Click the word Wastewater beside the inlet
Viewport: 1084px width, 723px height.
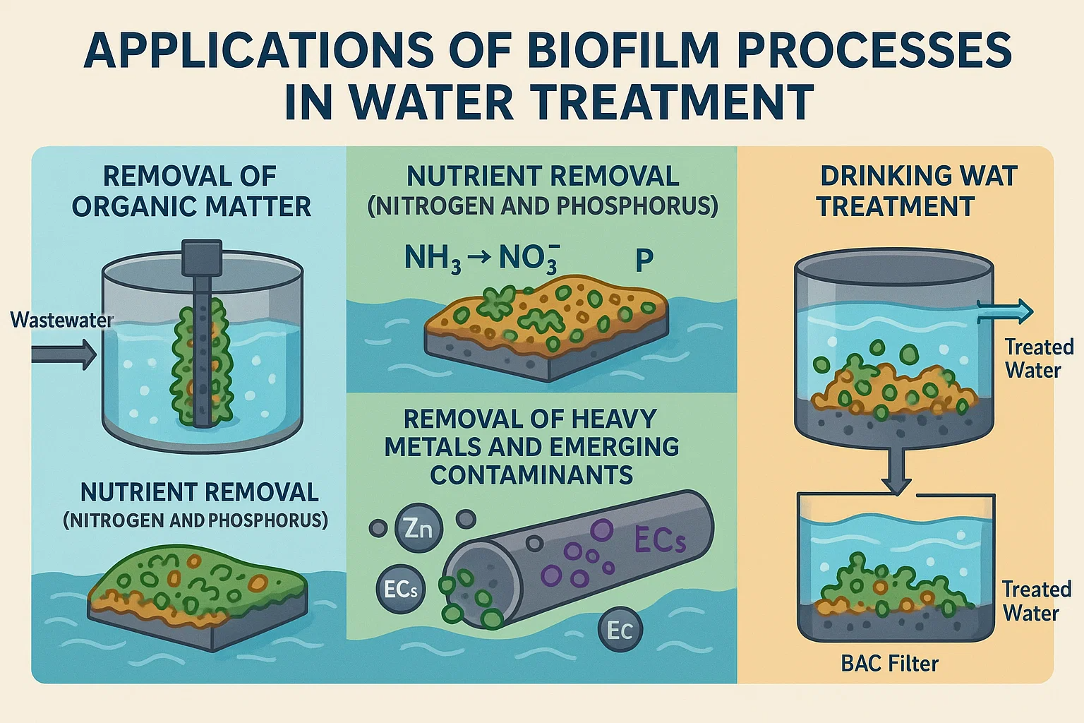coord(62,321)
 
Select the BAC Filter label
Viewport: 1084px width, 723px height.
coord(889,664)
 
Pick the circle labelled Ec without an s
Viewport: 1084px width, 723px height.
coord(619,630)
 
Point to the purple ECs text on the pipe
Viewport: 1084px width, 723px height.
coord(659,540)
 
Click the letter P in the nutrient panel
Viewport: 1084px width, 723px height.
coord(644,261)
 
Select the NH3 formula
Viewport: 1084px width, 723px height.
coord(433,259)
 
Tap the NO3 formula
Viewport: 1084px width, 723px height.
coord(529,259)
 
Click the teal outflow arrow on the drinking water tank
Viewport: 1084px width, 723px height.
coord(1005,311)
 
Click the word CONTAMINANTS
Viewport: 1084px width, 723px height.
coord(531,475)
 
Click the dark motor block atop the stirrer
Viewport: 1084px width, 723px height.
coord(202,258)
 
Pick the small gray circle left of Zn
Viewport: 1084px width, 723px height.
coord(378,527)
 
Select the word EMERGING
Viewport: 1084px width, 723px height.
coord(606,447)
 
